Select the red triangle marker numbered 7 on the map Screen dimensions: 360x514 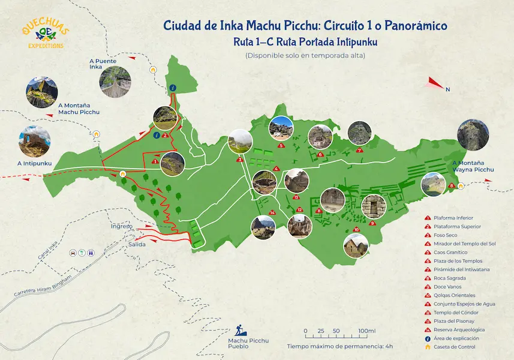point(359,151)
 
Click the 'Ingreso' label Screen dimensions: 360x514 point(122,226)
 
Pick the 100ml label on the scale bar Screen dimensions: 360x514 point(366,331)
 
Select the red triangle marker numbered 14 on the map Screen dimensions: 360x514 point(272,212)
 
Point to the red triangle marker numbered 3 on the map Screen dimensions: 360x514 point(240,160)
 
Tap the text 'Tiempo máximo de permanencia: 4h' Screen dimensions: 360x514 point(340,346)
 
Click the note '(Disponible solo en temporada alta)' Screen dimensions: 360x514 point(305,56)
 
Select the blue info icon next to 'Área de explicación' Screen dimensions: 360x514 point(428,338)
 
